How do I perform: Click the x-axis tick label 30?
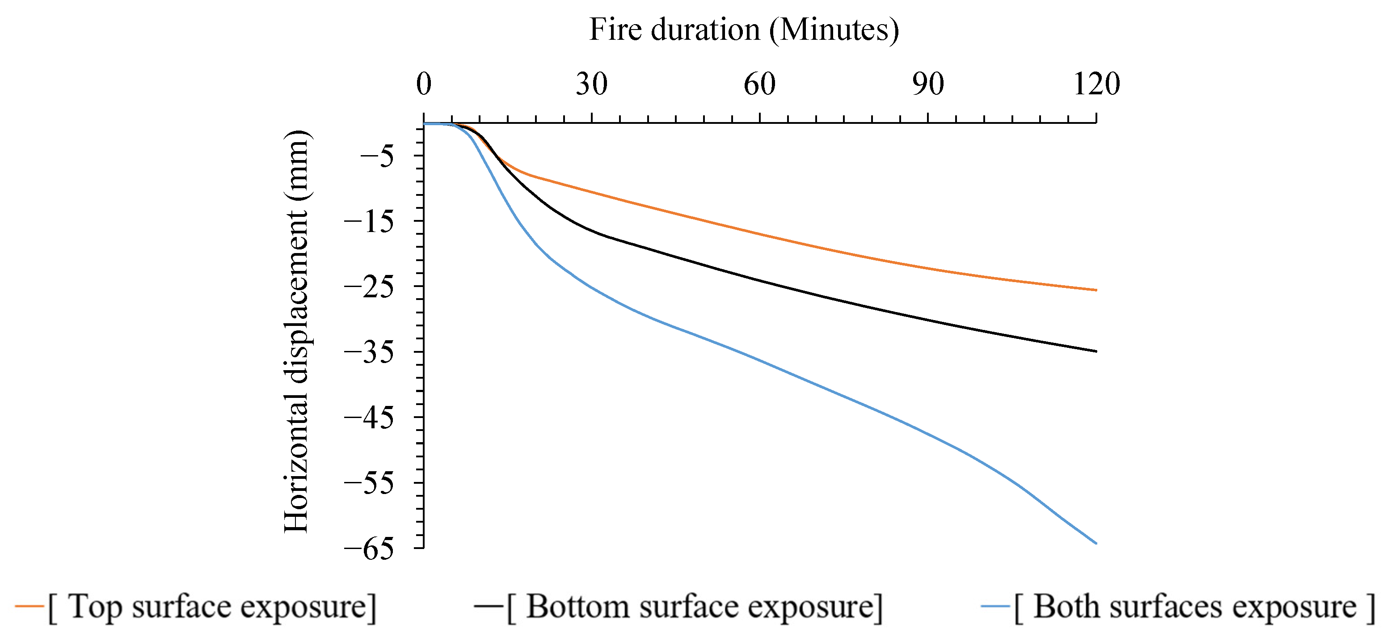pos(592,84)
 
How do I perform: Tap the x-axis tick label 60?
pos(760,84)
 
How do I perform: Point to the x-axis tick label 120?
pos(1096,84)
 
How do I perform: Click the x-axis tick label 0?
pos(424,84)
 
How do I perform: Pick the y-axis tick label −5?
pos(377,157)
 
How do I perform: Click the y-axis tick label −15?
pos(369,222)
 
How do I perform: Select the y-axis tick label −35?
pos(369,353)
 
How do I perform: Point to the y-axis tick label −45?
pos(369,418)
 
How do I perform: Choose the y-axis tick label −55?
pos(369,483)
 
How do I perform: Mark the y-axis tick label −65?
pos(369,549)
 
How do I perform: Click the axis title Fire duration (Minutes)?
pos(744,30)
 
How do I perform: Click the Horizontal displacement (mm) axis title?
pos(296,331)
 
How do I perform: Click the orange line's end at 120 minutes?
pos(1095,290)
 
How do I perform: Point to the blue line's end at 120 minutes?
pos(1095,543)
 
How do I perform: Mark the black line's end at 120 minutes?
pos(1095,351)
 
